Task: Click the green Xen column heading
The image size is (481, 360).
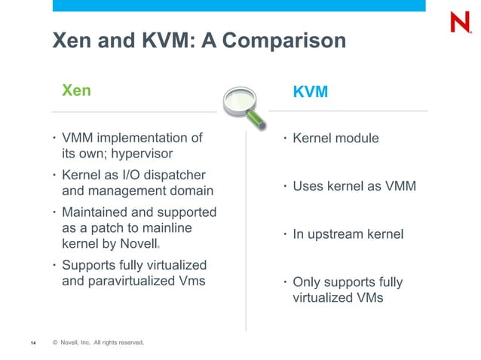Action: point(76,90)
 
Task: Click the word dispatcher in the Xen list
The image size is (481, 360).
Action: point(173,175)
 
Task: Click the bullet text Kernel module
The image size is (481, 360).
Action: point(335,139)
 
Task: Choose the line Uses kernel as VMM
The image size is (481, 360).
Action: point(354,186)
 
